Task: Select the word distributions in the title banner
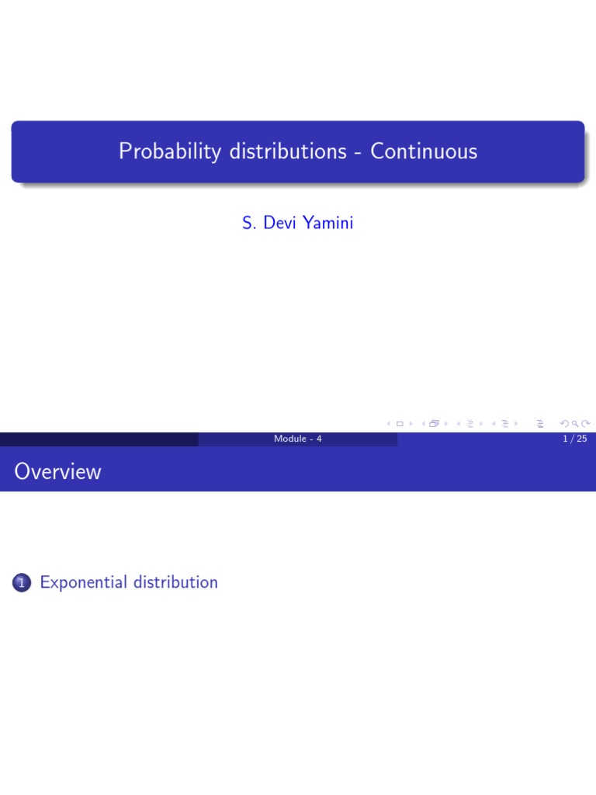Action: point(287,151)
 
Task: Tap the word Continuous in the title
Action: point(424,151)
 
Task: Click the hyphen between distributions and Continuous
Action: point(359,152)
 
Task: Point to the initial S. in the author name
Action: point(248,224)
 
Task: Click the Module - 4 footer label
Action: point(297,439)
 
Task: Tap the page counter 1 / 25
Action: point(575,439)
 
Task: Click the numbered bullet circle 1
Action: point(22,583)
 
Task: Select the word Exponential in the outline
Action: point(84,582)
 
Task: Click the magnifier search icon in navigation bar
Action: point(574,424)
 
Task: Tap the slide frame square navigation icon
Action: point(400,424)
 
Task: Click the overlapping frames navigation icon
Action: point(434,424)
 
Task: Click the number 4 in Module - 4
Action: point(318,439)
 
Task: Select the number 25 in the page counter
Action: point(581,439)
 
